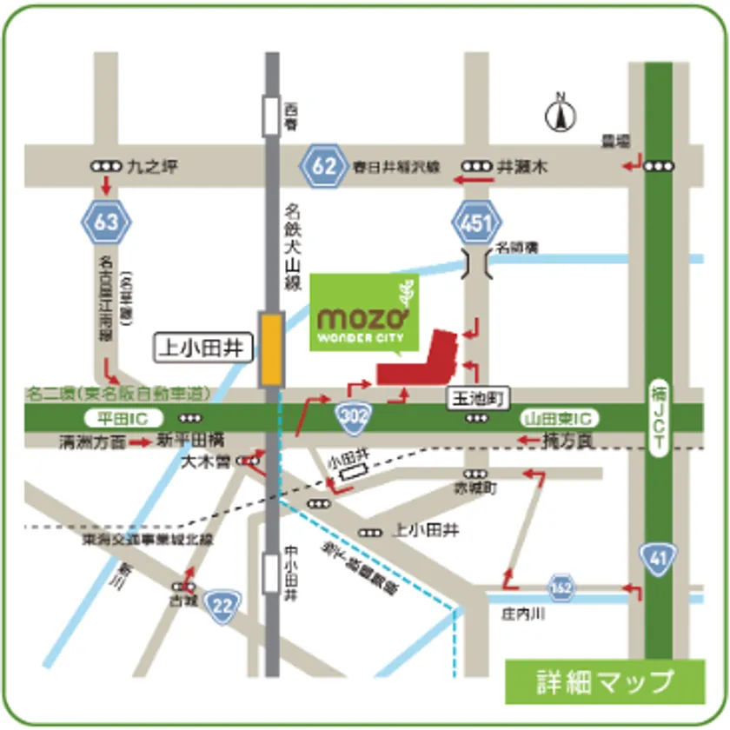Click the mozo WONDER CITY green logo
(364, 314)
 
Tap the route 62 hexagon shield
(323, 165)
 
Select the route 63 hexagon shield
(107, 221)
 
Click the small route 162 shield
(561, 587)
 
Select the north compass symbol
(561, 113)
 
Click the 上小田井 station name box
(203, 349)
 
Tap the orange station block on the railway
(271, 349)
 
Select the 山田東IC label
(555, 418)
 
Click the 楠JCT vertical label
(657, 417)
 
